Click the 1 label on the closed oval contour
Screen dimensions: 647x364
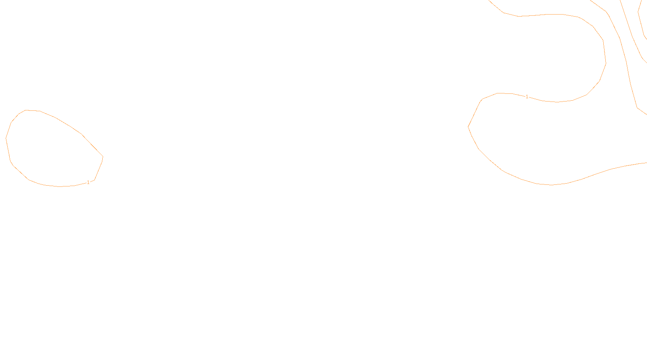pyautogui.click(x=88, y=182)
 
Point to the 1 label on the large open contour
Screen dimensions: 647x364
pyautogui.click(x=526, y=97)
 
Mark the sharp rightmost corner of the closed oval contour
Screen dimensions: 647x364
pyautogui.click(x=103, y=157)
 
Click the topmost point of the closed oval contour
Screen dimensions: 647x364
pyautogui.click(x=27, y=110)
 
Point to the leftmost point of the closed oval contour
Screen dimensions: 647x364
pyautogui.click(x=6, y=138)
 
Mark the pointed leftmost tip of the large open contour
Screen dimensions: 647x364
pyautogui.click(x=468, y=127)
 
